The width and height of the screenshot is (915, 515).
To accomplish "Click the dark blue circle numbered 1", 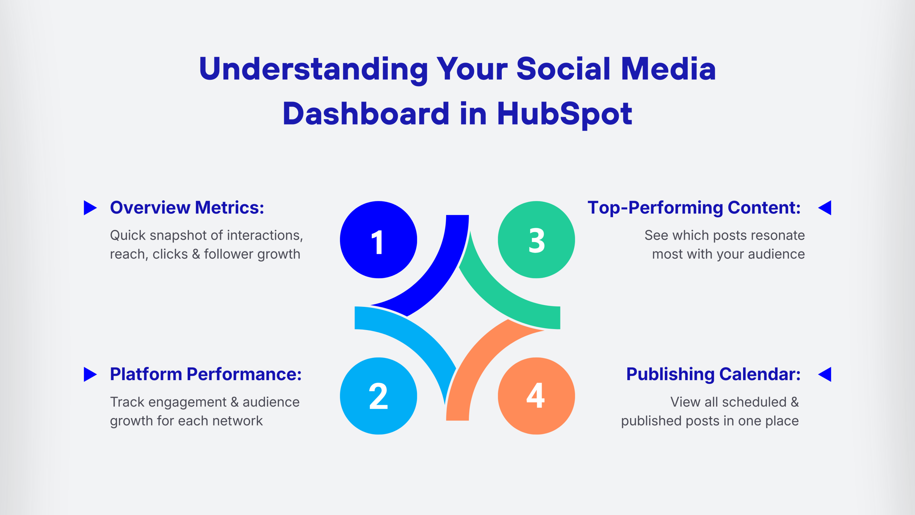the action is pos(379,240).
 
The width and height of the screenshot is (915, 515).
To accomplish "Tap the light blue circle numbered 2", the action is pos(379,396).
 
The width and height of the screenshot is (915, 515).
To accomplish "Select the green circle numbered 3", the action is pos(536,240).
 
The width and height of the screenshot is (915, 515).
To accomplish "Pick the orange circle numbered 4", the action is pos(536,396).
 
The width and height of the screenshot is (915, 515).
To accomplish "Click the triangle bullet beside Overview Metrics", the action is pos(90,208).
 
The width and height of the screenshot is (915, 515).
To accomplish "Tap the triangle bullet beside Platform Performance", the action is pos(90,374).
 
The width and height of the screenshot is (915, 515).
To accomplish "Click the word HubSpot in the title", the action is pos(564,114).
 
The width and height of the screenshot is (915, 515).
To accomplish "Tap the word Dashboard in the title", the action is pos(366,114).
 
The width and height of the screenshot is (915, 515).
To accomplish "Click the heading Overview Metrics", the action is pos(187,207).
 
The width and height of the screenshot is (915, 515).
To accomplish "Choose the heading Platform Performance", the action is pos(206,374).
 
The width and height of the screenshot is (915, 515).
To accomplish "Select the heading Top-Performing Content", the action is pos(694,207).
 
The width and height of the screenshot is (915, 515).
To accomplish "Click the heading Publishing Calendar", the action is pos(713,374).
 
